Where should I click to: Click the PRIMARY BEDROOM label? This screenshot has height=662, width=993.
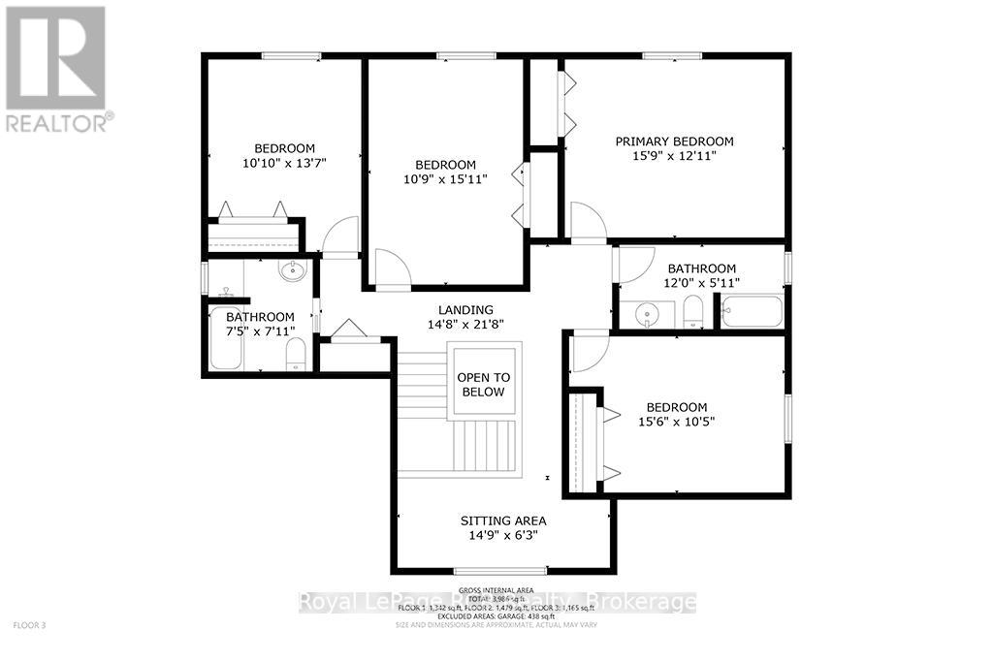(674, 142)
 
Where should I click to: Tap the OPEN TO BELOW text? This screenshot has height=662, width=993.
(483, 385)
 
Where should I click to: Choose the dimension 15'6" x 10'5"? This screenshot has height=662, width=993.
(677, 422)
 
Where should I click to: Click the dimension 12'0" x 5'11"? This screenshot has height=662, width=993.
(701, 283)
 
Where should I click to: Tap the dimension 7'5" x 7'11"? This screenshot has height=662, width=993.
(260, 331)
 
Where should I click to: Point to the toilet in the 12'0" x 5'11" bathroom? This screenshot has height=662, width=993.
(692, 312)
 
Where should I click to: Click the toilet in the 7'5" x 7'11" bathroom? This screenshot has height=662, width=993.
(297, 356)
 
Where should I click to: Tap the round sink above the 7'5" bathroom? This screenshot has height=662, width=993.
(292, 271)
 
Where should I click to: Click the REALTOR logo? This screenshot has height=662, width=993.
(56, 68)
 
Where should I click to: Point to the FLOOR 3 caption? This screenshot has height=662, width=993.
(30, 625)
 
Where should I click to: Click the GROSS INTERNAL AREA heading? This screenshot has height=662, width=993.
(496, 590)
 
